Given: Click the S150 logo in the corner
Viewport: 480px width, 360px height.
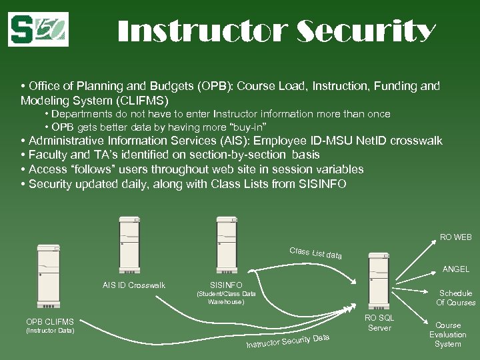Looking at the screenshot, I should tap(39, 29).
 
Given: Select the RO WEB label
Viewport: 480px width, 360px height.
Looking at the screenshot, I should tap(455, 237).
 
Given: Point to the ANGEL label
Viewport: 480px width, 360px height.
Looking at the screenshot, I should tap(455, 269).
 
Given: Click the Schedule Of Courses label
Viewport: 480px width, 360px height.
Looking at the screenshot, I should tap(455, 298).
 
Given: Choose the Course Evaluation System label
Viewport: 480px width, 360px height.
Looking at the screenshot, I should tap(447, 335).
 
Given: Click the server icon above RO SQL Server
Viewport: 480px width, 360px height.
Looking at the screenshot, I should tap(379, 281).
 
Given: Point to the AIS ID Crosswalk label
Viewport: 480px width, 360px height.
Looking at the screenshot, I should tap(134, 285).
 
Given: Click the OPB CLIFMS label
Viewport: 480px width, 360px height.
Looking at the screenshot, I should tap(50, 322).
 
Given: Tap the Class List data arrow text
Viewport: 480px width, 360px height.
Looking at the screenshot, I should tap(316, 253).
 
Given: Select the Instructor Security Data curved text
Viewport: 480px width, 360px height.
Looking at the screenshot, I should tap(287, 341).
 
